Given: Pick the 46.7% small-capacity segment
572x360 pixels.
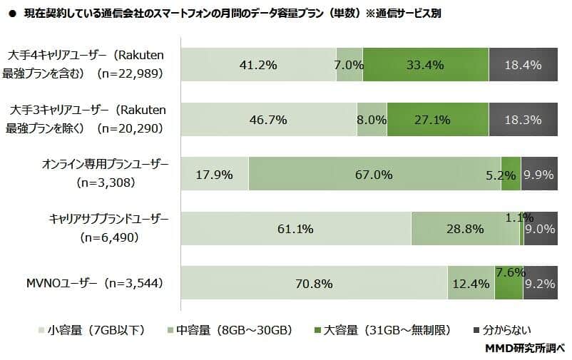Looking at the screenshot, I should [x=268, y=119].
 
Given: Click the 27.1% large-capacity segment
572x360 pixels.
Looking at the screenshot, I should [x=437, y=119].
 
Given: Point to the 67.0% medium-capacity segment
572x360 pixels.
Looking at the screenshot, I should [x=374, y=174].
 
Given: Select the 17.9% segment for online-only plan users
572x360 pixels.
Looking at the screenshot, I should [x=214, y=174].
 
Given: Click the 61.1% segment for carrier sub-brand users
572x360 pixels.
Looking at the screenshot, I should [x=295, y=229].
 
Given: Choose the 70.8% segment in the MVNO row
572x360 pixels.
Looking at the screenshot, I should [x=314, y=283].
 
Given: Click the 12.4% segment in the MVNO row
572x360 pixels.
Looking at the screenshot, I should [x=470, y=283].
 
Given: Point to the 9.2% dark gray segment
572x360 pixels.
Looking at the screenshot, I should [x=540, y=283].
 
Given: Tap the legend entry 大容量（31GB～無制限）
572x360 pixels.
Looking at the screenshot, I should [x=382, y=329].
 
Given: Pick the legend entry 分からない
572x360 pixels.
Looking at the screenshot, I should [x=502, y=329].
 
